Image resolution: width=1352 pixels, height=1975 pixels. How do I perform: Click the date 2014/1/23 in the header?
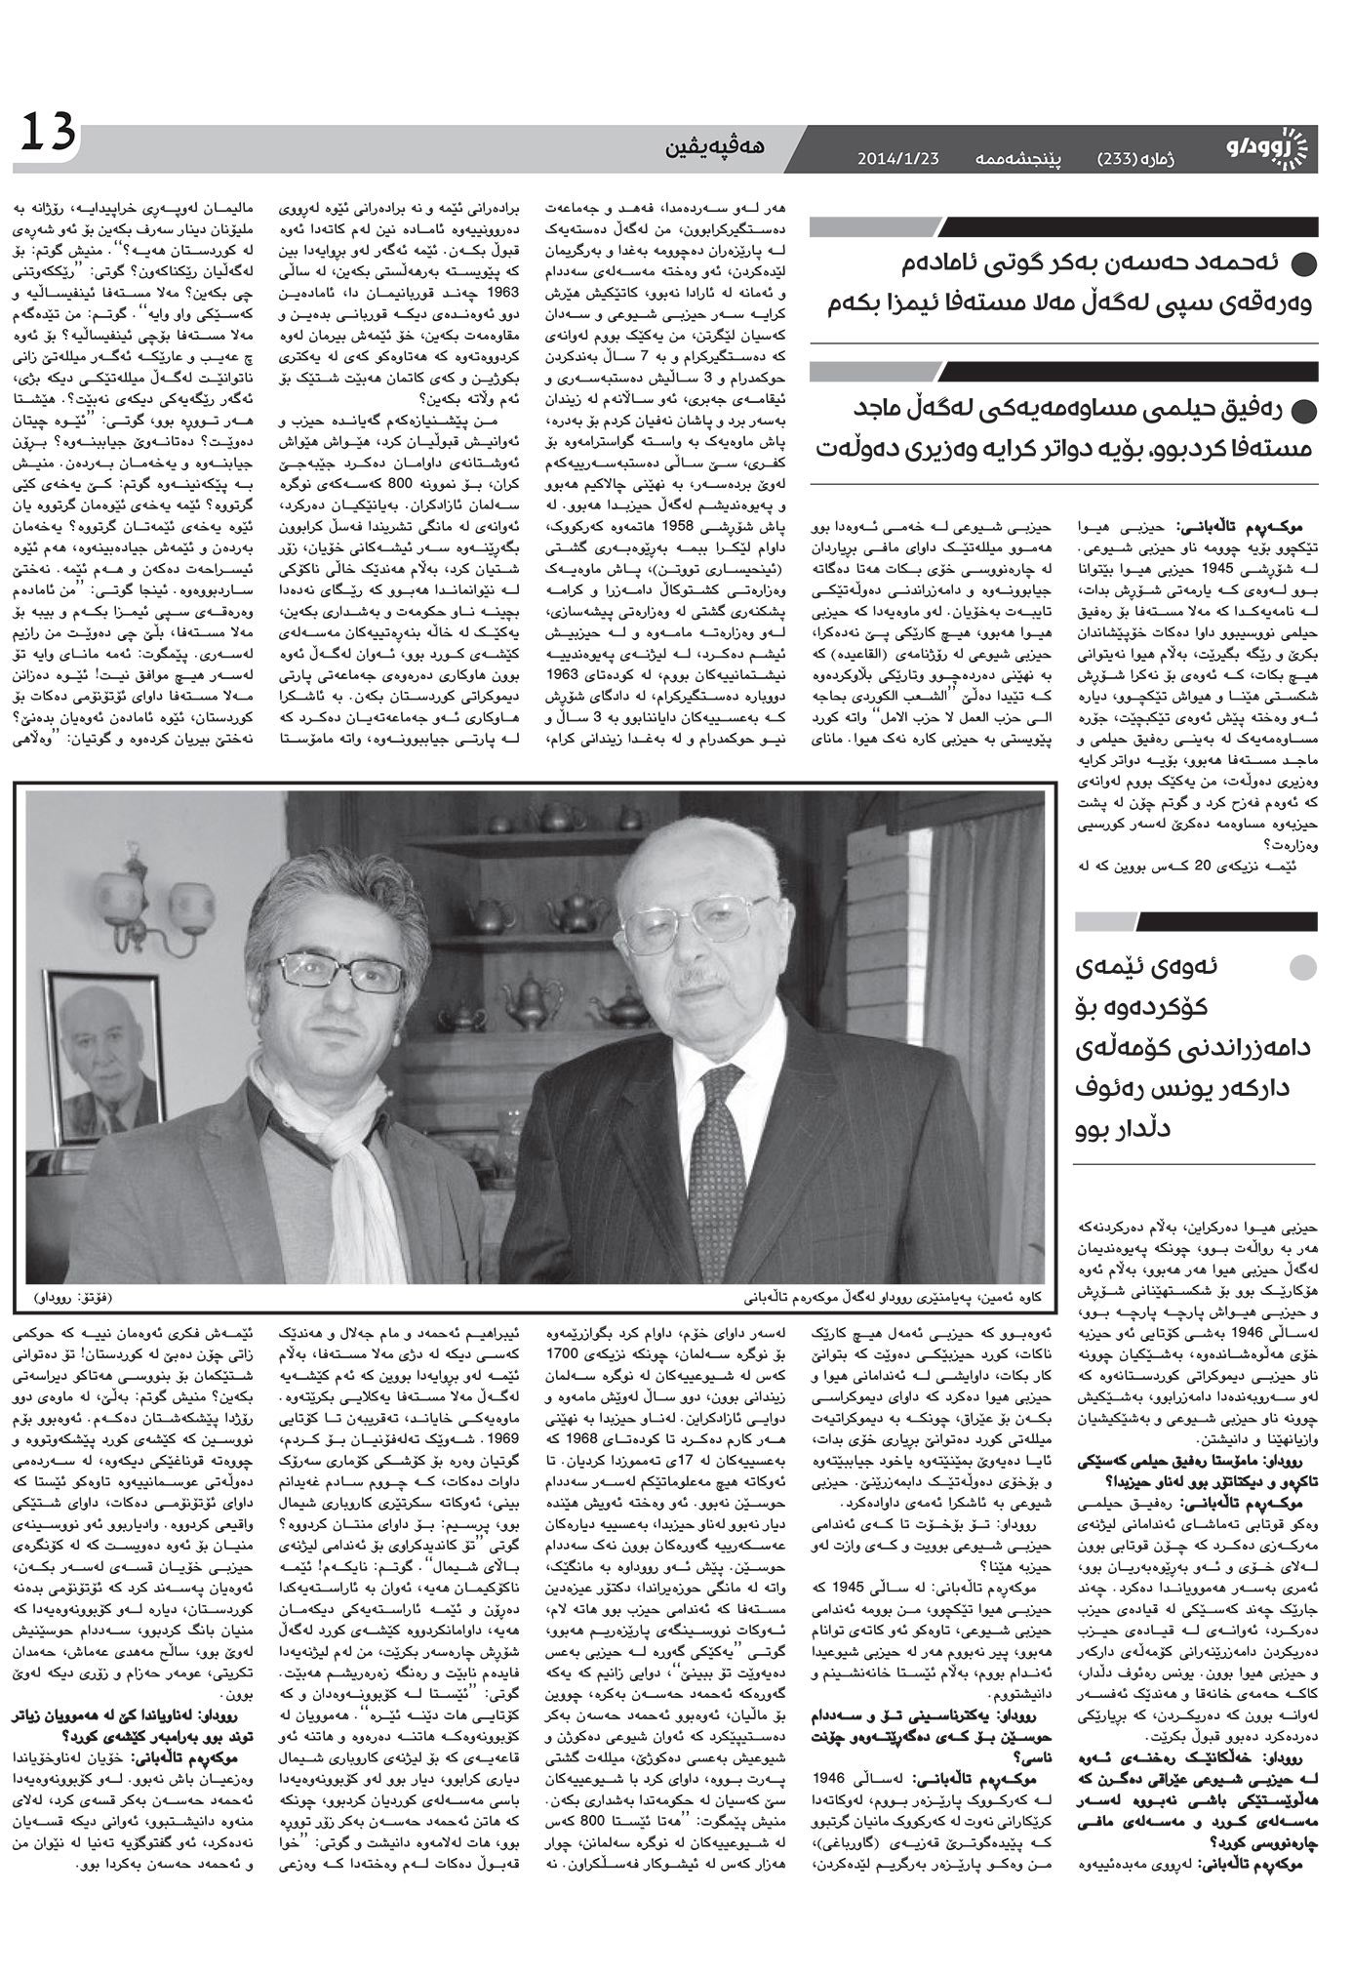[897, 157]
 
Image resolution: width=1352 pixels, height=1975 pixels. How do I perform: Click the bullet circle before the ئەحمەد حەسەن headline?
[1303, 264]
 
